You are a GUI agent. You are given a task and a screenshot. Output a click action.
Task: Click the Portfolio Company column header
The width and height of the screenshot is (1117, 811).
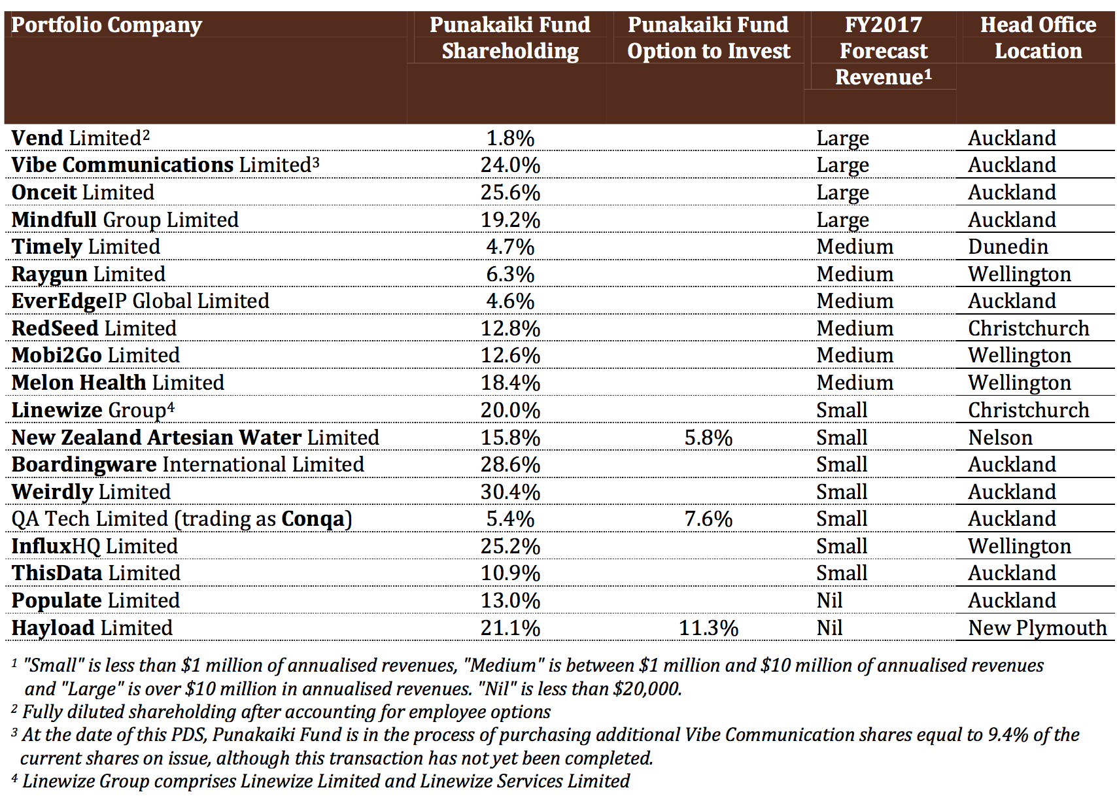pos(106,25)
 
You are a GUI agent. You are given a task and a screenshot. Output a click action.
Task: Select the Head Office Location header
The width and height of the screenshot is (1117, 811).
pos(1039,38)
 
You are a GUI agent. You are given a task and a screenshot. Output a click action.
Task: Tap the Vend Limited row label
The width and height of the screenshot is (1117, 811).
pos(80,138)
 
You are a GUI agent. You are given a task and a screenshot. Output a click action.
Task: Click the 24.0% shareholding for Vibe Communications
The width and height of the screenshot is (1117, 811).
pos(510,165)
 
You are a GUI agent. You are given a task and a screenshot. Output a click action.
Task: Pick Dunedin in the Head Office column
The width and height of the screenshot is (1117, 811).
pos(1008,247)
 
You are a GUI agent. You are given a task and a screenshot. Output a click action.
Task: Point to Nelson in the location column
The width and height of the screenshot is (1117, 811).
pos(1000,438)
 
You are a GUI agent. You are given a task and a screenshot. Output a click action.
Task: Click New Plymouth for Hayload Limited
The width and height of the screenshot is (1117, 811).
pos(1037,628)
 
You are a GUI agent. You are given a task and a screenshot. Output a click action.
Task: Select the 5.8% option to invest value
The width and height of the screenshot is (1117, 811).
pos(708,438)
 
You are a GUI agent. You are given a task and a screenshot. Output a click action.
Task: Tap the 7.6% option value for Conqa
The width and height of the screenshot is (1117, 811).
pos(708,519)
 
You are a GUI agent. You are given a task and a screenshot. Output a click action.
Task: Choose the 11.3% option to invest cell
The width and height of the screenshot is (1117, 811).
pos(708,628)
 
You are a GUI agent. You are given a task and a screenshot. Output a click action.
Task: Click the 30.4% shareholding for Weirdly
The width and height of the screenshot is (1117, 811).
pos(510,492)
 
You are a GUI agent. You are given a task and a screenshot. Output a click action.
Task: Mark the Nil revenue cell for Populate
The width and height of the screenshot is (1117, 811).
pos(829,600)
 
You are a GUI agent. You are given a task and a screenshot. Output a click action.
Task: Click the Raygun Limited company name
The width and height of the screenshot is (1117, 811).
pos(88,274)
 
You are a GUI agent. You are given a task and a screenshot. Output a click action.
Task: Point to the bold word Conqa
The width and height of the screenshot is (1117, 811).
pos(313,519)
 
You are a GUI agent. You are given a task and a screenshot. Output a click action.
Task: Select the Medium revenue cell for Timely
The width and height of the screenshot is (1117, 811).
pos(855,247)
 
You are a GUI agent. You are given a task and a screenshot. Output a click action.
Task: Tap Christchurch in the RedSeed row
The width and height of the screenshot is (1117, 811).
pos(1028,329)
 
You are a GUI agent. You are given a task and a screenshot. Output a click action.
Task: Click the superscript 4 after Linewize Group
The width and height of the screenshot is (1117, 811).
pos(171,407)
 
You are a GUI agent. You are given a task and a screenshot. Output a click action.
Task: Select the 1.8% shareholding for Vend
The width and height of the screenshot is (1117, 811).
pos(510,138)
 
